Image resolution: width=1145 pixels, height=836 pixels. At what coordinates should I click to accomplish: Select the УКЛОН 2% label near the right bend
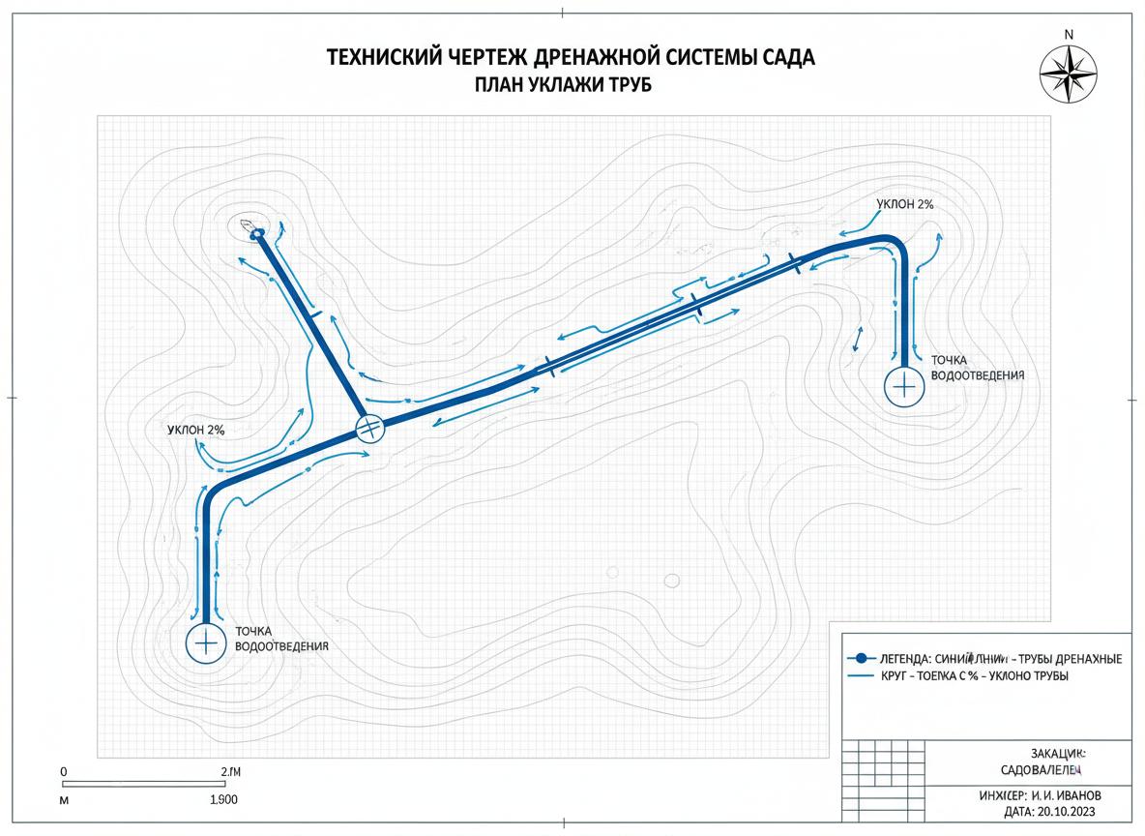[905, 204]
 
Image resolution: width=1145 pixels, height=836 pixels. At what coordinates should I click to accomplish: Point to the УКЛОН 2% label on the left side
[195, 429]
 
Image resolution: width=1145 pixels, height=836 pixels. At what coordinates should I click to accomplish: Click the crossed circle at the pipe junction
[369, 428]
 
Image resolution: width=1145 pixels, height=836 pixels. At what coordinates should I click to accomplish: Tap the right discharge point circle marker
[902, 385]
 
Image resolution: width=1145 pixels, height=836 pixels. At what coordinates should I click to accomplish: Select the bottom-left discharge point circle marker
[204, 642]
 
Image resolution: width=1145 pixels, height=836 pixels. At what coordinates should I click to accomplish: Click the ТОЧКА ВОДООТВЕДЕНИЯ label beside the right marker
[976, 367]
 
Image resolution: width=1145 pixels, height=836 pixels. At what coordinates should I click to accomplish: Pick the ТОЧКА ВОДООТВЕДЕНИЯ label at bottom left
[281, 639]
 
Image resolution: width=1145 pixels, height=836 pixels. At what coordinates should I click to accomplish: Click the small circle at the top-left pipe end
[256, 232]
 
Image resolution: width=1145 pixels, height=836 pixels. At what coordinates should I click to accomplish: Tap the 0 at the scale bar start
[63, 771]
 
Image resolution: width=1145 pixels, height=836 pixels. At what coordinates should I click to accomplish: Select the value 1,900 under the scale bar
[223, 800]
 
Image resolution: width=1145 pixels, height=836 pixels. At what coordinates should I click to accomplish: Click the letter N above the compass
[1069, 34]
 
